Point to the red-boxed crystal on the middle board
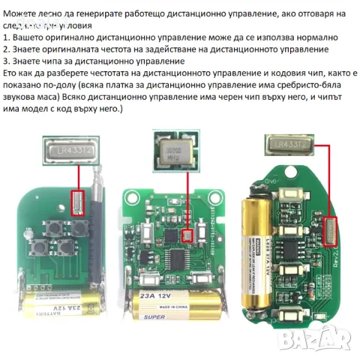tap(187, 235)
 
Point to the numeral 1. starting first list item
tap(7, 37)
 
